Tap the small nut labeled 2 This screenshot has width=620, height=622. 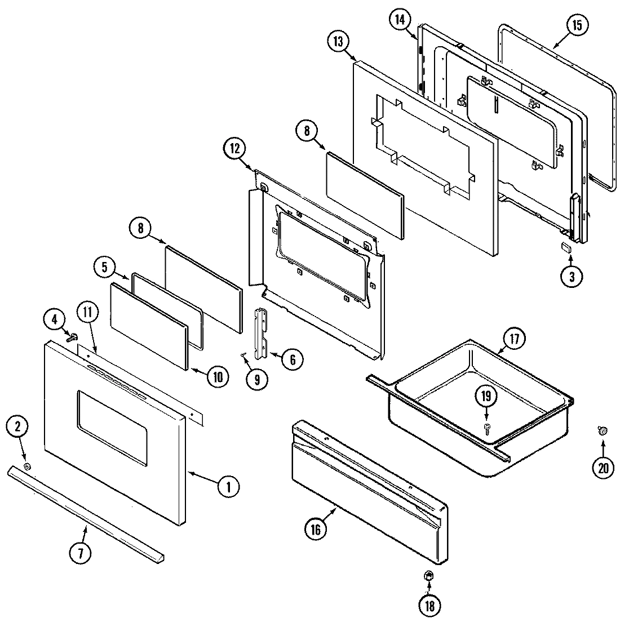tap(28, 467)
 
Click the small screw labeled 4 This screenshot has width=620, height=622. tap(72, 337)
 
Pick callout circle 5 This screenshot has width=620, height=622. tap(105, 268)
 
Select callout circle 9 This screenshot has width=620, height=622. tap(256, 379)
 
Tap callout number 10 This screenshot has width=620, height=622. tap(217, 377)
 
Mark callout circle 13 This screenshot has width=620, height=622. tap(339, 42)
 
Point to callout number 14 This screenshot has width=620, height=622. tap(400, 20)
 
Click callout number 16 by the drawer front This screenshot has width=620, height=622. tap(315, 529)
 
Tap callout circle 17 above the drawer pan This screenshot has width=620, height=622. tap(515, 340)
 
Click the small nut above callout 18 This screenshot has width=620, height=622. tap(428, 576)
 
